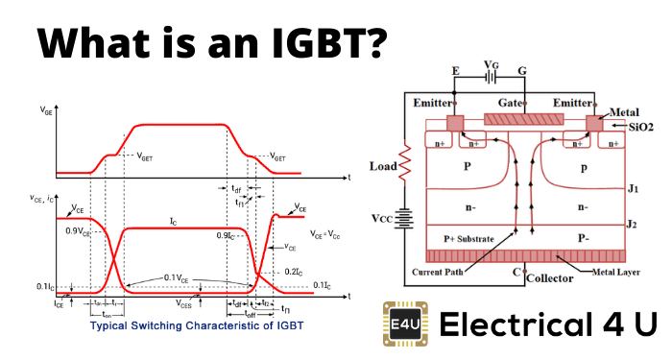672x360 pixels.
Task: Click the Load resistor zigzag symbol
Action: [x=405, y=170]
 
